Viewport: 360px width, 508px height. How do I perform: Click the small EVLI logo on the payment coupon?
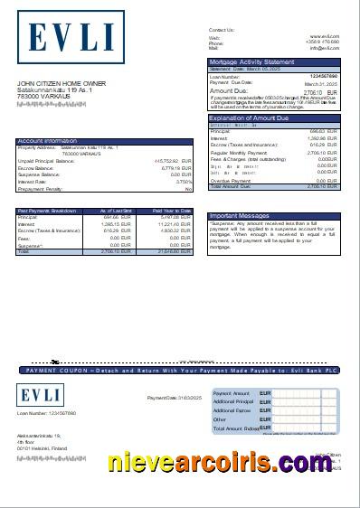click(x=37, y=395)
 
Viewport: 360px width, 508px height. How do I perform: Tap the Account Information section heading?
click(x=48, y=141)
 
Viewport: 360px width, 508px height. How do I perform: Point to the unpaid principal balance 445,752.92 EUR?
click(x=166, y=161)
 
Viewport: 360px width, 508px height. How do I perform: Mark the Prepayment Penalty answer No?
click(x=188, y=190)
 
